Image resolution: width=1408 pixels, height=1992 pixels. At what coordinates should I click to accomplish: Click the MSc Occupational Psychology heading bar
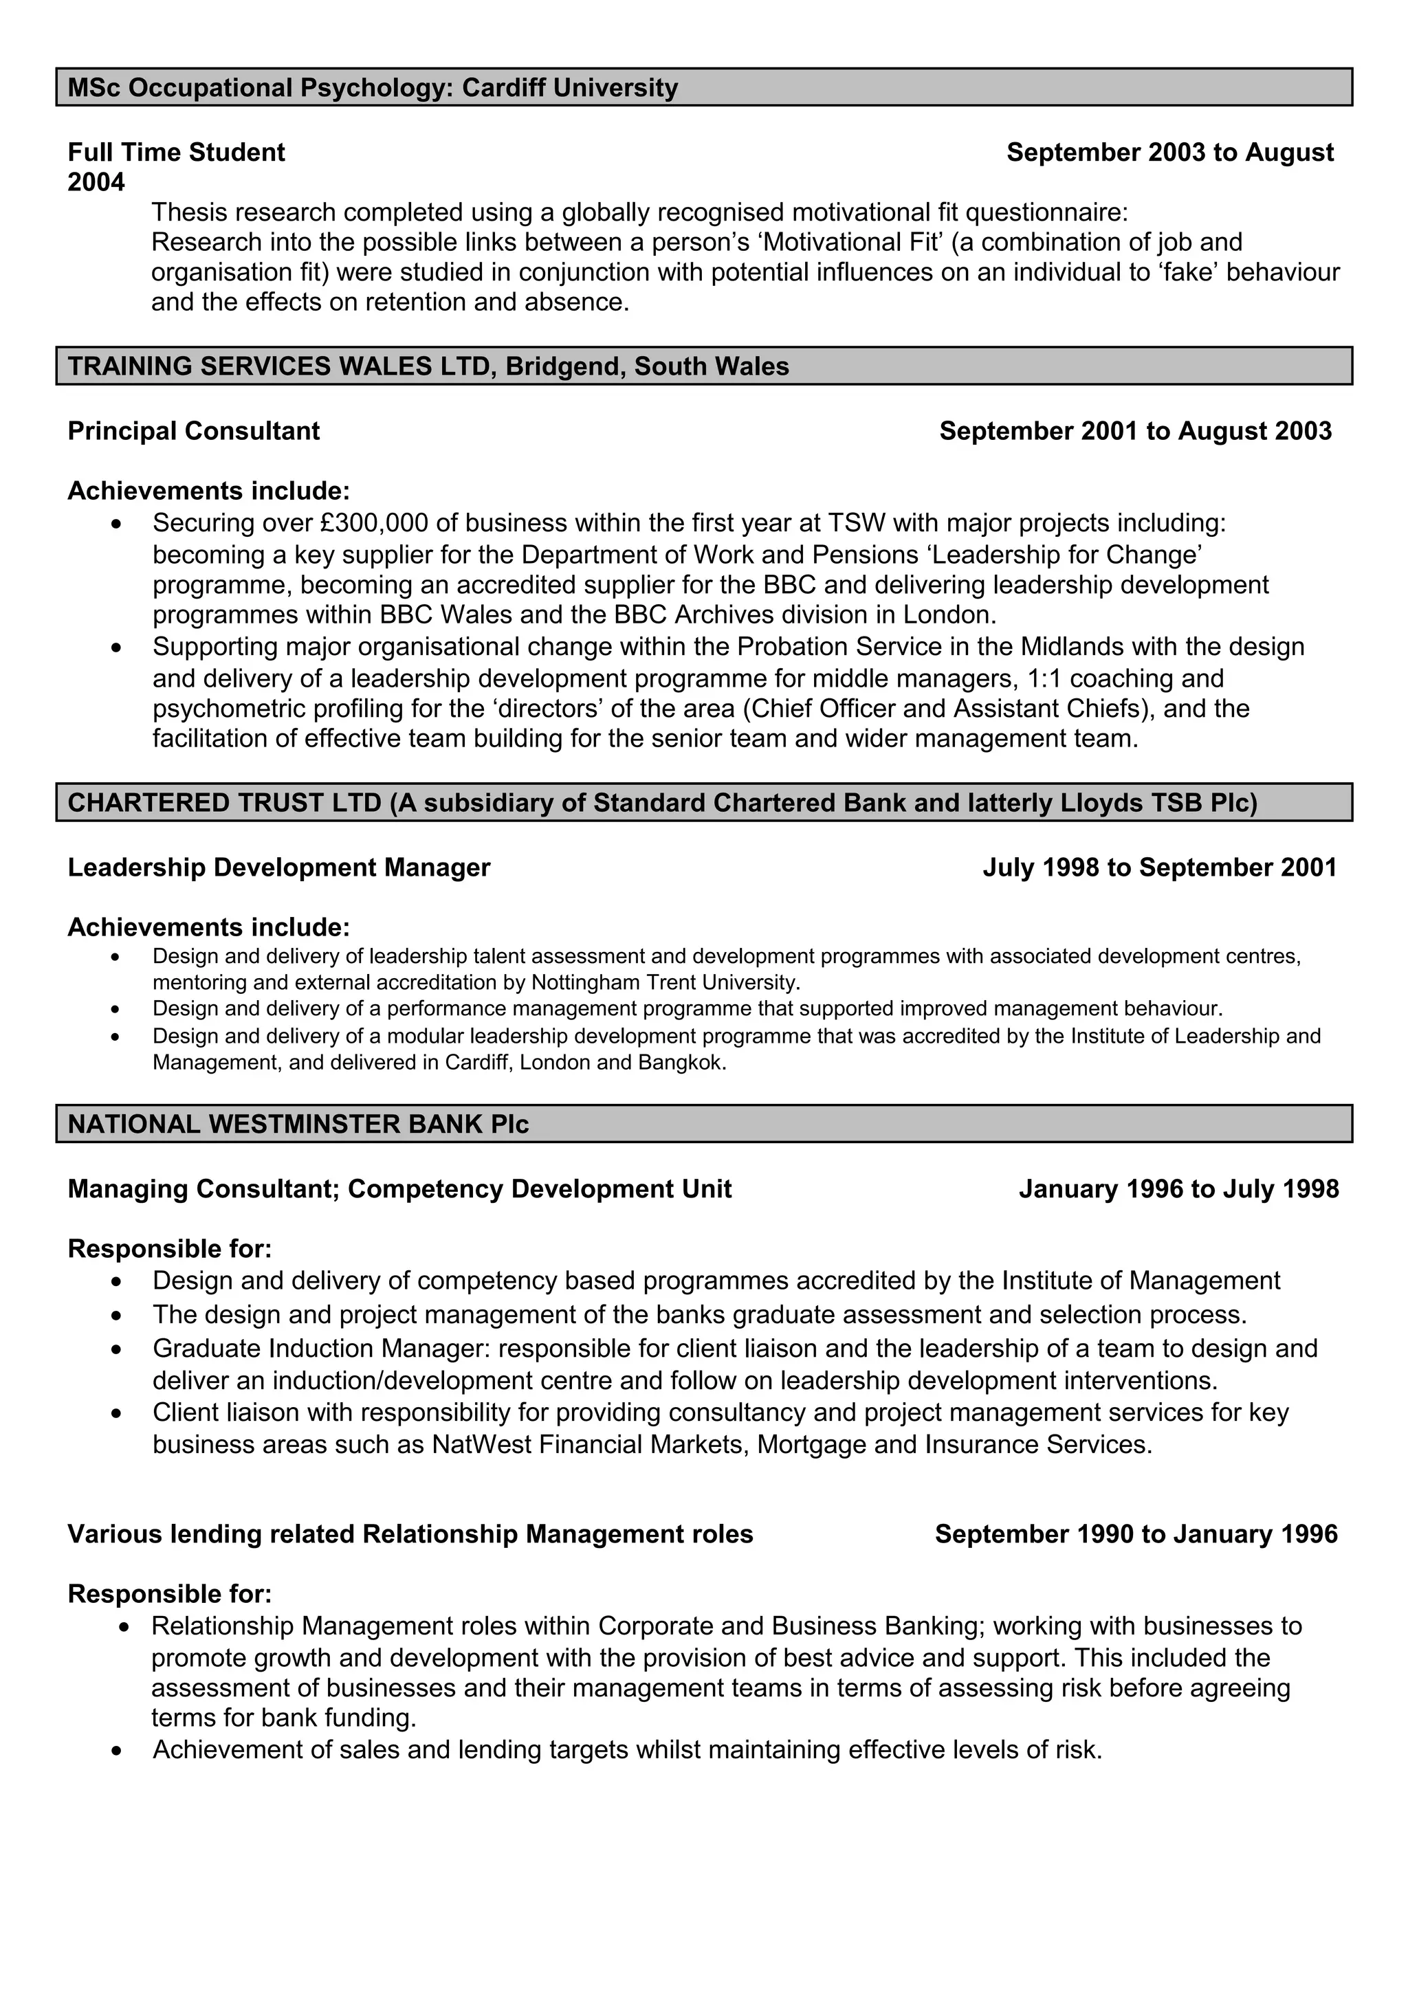[x=703, y=87]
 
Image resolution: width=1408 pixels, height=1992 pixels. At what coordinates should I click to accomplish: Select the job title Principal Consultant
[x=193, y=431]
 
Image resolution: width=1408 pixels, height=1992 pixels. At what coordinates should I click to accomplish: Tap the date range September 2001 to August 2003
[x=1135, y=431]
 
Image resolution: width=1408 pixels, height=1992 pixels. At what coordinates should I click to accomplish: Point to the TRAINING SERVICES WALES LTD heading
[x=428, y=366]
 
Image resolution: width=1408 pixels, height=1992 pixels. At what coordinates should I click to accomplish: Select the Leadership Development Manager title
[x=278, y=867]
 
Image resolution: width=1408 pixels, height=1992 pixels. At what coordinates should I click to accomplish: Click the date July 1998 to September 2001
[x=1159, y=867]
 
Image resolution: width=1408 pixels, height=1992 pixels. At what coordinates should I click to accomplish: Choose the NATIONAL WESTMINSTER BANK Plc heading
[x=298, y=1125]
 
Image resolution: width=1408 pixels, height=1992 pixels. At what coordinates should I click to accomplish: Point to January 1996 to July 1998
[x=1178, y=1188]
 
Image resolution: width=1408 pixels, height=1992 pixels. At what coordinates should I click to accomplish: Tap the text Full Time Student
[x=176, y=153]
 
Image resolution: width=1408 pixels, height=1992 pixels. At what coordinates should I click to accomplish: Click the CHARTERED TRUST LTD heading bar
[x=703, y=803]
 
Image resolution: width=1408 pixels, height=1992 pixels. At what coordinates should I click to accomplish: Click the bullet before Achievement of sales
[x=116, y=1751]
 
